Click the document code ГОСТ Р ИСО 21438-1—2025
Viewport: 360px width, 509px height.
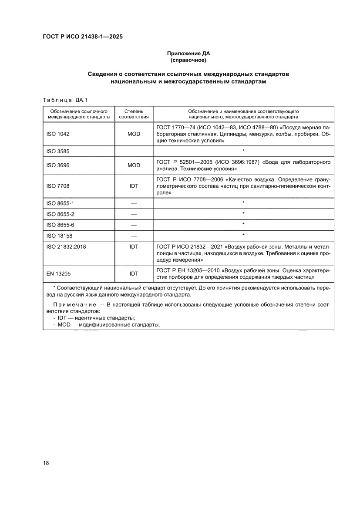click(82, 37)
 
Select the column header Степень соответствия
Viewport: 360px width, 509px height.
click(134, 114)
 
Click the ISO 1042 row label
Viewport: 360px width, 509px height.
click(58, 134)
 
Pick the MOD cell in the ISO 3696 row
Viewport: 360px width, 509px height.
click(134, 165)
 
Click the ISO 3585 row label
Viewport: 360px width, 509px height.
click(58, 152)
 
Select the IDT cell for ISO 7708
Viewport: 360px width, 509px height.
click(134, 186)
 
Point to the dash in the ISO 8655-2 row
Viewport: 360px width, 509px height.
click(134, 214)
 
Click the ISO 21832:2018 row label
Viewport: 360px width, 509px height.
click(66, 246)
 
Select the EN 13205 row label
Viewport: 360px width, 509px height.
click(58, 273)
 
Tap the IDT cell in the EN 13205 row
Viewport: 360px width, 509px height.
click(134, 273)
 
